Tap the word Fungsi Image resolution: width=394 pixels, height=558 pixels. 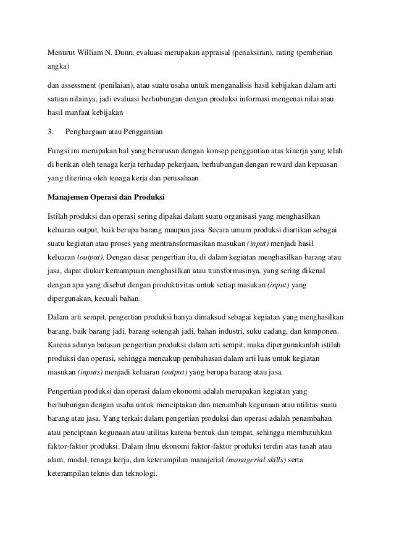pyautogui.click(x=59, y=150)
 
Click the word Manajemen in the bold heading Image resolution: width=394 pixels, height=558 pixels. pyautogui.click(x=70, y=198)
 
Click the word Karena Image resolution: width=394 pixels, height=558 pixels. pyautogui.click(x=59, y=343)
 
